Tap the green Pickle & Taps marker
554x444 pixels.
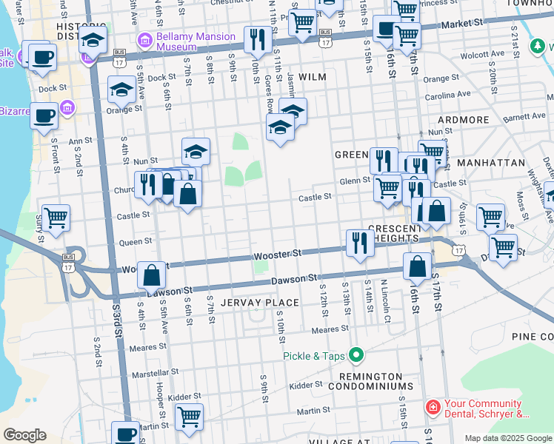pyautogui.click(x=356, y=356)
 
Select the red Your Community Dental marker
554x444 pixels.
pyautogui.click(x=432, y=406)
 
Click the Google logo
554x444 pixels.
pyautogui.click(x=24, y=435)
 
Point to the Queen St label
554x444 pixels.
pyautogui.click(x=136, y=241)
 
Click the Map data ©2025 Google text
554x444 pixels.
pyautogui.click(x=508, y=438)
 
